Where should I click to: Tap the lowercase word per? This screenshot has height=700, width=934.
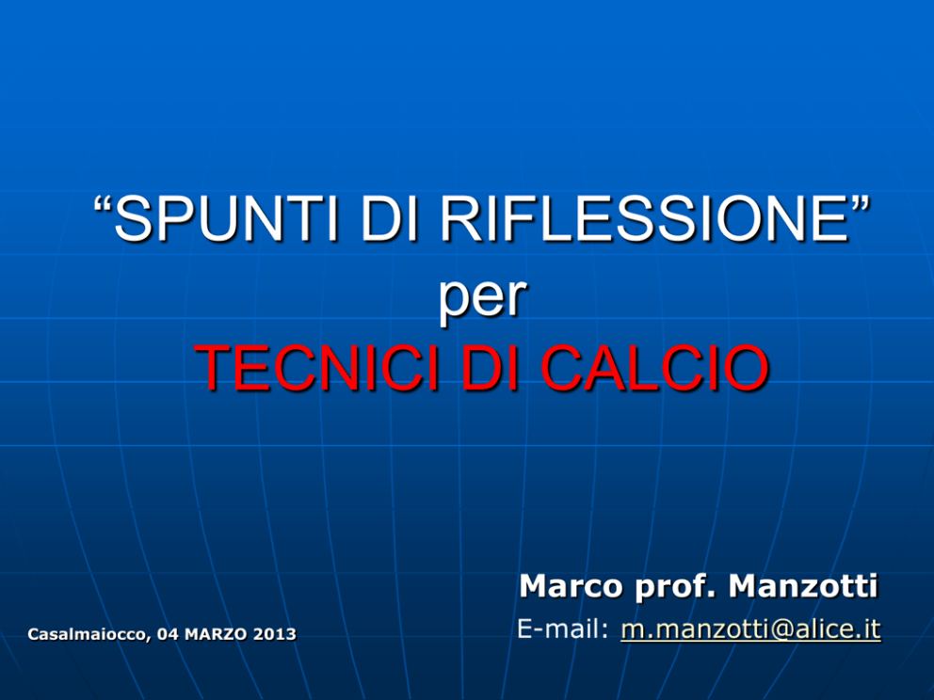(x=482, y=297)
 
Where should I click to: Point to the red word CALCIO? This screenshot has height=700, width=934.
(x=654, y=368)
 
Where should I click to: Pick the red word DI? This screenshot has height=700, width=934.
(x=490, y=368)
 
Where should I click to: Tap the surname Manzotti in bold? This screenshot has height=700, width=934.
(x=803, y=586)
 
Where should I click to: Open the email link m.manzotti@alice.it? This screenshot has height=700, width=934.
(x=750, y=629)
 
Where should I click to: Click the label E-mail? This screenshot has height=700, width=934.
(x=563, y=629)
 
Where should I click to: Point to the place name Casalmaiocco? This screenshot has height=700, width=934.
(x=89, y=634)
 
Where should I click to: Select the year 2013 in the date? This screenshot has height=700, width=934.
(x=274, y=634)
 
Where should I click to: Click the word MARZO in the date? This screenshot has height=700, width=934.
(x=217, y=634)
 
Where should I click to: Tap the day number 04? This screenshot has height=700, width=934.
(x=168, y=634)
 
